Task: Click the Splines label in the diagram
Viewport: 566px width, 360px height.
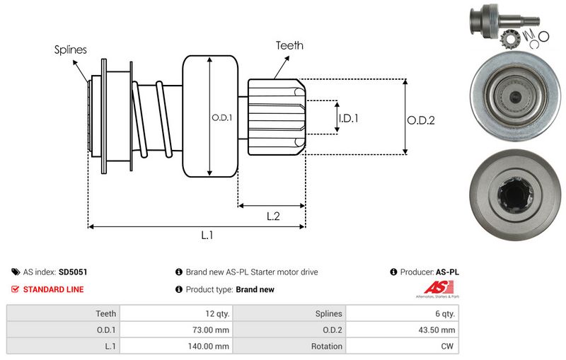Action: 71,50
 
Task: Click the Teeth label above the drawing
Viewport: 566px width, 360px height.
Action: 289,45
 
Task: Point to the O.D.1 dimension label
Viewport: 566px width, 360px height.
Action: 222,117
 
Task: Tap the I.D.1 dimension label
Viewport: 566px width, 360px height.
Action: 348,118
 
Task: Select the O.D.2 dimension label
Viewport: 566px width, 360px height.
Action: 420,120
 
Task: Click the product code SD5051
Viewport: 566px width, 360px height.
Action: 73,272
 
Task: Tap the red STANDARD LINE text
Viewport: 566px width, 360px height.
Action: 53,289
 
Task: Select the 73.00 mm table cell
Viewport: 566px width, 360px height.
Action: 212,330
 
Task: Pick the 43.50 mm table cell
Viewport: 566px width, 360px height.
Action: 437,330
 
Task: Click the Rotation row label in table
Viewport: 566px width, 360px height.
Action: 325,347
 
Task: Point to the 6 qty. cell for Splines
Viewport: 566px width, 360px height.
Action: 444,313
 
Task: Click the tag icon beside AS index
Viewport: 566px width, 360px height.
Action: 16,272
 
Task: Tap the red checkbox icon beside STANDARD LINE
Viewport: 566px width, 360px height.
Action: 16,289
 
